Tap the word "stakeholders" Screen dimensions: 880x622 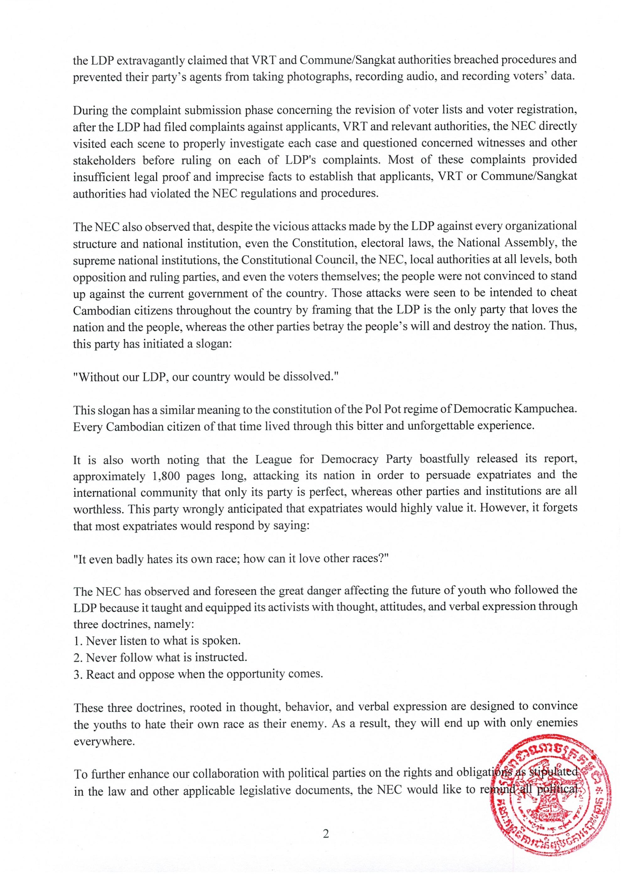click(x=104, y=160)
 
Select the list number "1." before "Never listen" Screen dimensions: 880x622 click(x=78, y=641)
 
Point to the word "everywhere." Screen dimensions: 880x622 click(x=104, y=741)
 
